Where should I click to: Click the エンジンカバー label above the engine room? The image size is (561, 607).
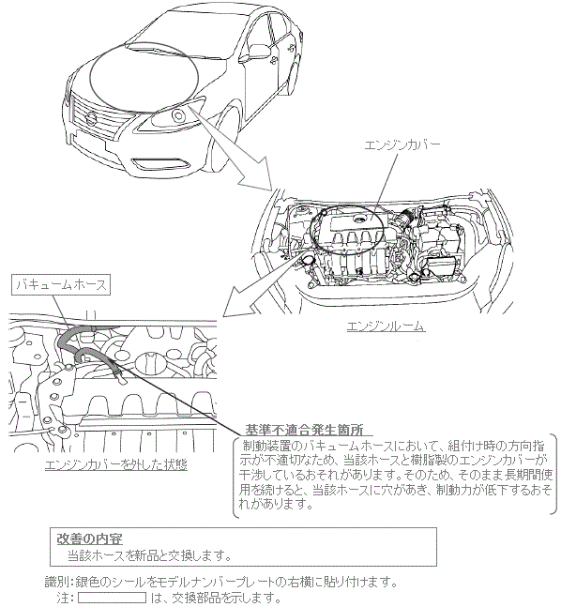click(x=402, y=145)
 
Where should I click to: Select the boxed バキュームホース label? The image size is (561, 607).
click(x=61, y=285)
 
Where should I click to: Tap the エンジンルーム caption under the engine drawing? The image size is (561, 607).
click(x=386, y=326)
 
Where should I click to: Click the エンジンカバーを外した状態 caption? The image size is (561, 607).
click(x=115, y=464)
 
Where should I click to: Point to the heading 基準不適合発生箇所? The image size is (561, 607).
click(x=304, y=430)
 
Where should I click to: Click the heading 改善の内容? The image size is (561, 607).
click(x=89, y=539)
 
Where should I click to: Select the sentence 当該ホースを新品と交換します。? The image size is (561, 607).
click(x=149, y=555)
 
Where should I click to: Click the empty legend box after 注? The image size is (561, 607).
click(x=113, y=598)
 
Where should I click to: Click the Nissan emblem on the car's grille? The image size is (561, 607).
click(x=91, y=118)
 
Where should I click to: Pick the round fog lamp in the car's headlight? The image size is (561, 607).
click(x=178, y=115)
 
